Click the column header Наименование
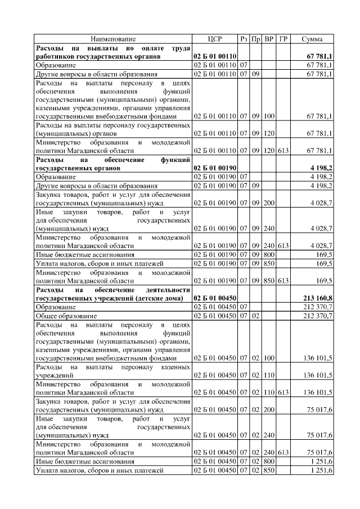pyautogui.click(x=113, y=39)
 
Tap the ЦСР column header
pyautogui.click(x=215, y=39)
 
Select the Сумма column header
pyautogui.click(x=312, y=39)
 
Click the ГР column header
pyautogui.click(x=283, y=39)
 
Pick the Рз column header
pyautogui.click(x=244, y=39)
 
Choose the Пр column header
pyautogui.click(x=255, y=39)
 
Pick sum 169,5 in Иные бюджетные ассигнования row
pyautogui.click(x=324, y=254)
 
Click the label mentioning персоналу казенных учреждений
pyautogui.click(x=113, y=370)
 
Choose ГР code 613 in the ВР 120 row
pyautogui.click(x=283, y=150)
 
